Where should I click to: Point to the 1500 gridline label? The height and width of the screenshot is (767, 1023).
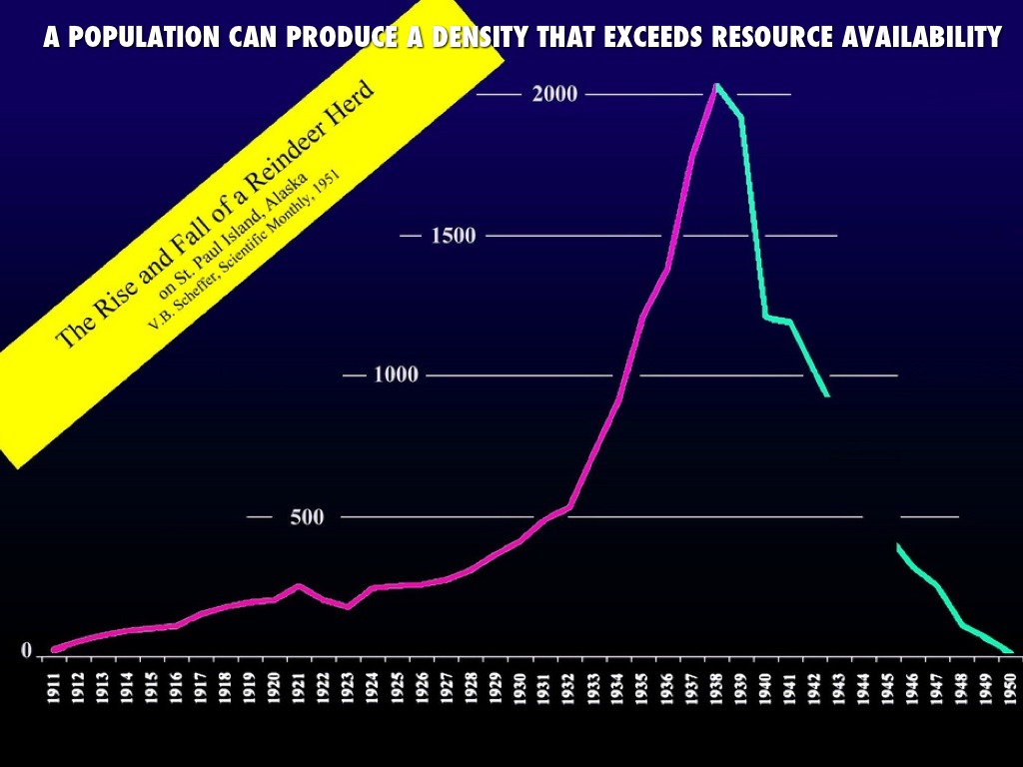[x=453, y=236]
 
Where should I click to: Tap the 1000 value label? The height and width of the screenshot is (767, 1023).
[x=396, y=376]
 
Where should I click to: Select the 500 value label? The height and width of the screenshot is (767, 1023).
[x=306, y=517]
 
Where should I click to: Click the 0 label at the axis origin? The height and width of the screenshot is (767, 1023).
[x=27, y=651]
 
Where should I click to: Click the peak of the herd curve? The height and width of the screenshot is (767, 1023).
[x=715, y=85]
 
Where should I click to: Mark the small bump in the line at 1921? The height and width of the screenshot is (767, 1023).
[x=299, y=585]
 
